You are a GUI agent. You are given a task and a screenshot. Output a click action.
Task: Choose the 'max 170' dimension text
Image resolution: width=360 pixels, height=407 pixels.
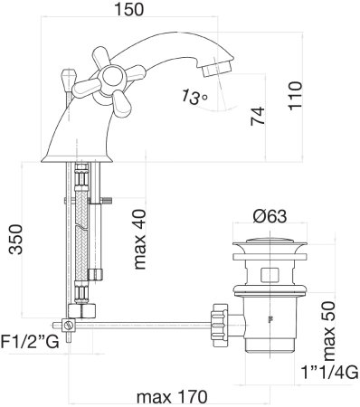[x=170, y=395]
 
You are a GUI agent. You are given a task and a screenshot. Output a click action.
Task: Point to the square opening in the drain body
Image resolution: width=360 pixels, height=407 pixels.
[x=270, y=274]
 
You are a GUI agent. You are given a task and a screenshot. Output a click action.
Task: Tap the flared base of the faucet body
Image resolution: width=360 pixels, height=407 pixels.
[x=90, y=150]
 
